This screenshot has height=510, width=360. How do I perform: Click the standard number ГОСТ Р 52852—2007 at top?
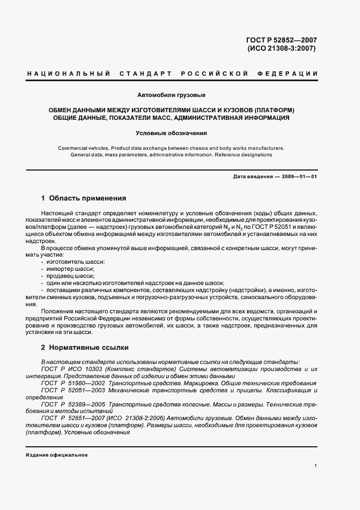(x=281, y=40)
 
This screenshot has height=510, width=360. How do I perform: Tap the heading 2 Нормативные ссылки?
(x=85, y=347)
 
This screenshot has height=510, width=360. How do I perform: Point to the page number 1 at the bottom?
(x=316, y=466)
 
